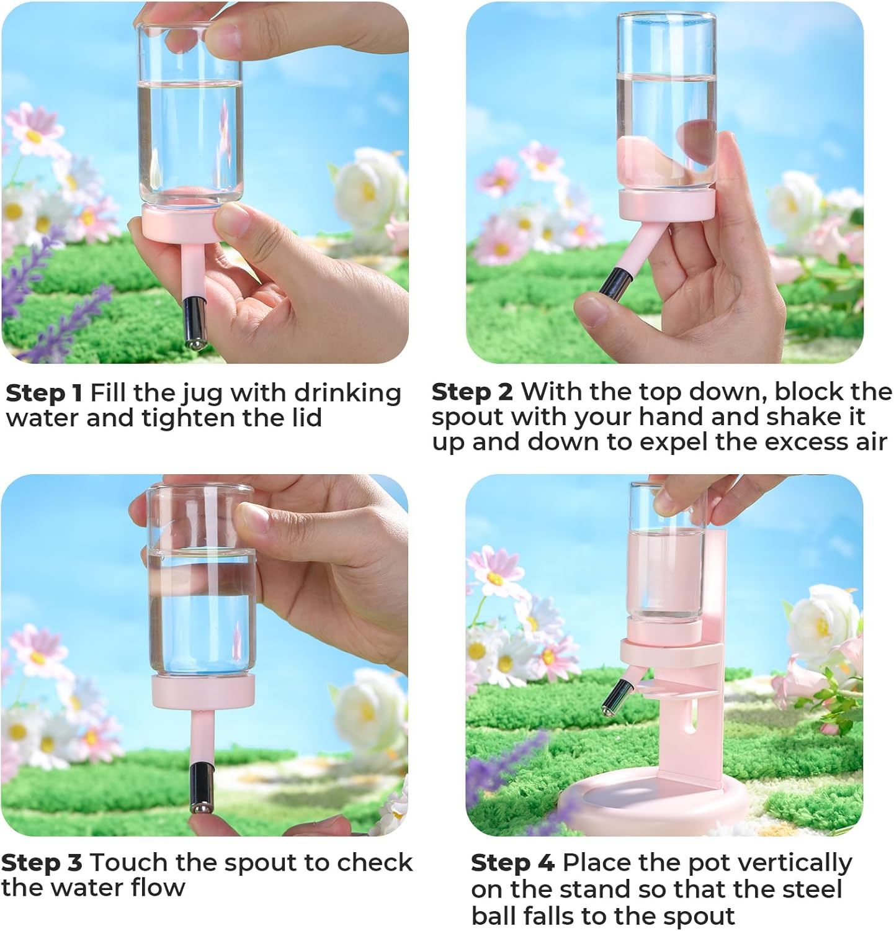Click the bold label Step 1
[43, 394]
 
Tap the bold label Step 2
[472, 392]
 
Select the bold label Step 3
[41, 863]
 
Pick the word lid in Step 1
[302, 418]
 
